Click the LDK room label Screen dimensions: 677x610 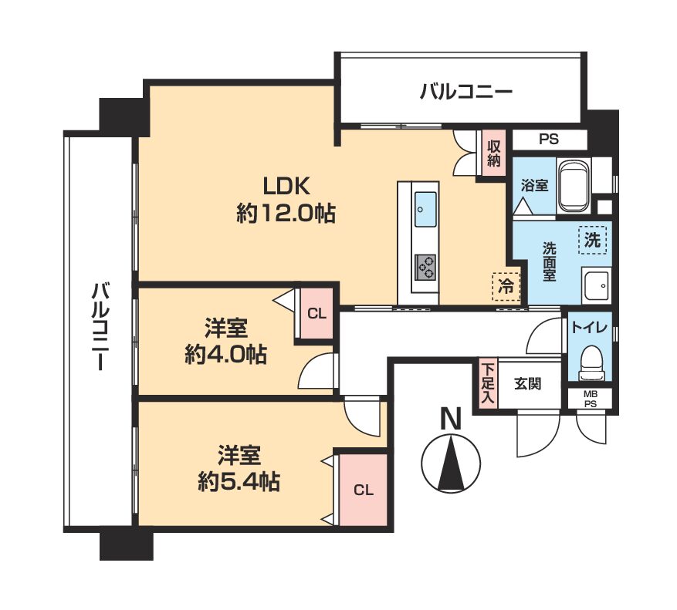[x=286, y=187]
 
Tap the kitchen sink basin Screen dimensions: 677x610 [x=425, y=209]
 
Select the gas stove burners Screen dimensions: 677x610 [x=425, y=267]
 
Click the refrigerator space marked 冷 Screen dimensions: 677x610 [x=506, y=286]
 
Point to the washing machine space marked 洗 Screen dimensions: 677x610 [x=592, y=240]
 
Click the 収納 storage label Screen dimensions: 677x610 [x=493, y=153]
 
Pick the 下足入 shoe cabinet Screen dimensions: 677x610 [x=488, y=383]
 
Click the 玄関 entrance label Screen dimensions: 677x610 [x=527, y=383]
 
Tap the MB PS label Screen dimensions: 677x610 [x=591, y=399]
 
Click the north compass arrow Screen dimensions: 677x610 [x=451, y=463]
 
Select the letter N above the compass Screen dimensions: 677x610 [x=451, y=419]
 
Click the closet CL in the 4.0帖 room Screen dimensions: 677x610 [x=316, y=314]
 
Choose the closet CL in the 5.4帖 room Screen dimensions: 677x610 [x=364, y=490]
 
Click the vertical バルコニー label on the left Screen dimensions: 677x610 [x=100, y=326]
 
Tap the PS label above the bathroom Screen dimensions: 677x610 [x=549, y=140]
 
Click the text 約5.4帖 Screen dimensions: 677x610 [x=239, y=481]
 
